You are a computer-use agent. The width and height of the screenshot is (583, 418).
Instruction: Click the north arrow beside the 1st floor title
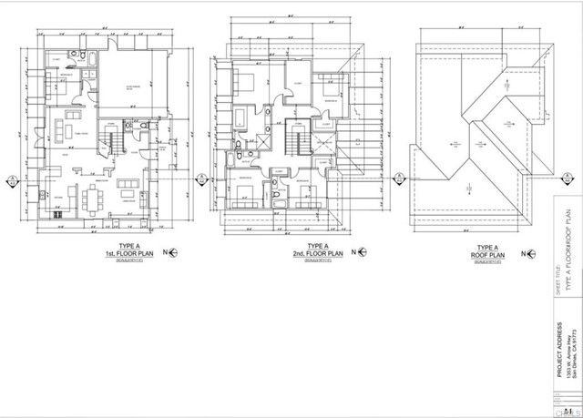coord(167,250)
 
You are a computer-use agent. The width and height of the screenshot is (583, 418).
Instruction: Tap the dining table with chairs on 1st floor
coord(91,198)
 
